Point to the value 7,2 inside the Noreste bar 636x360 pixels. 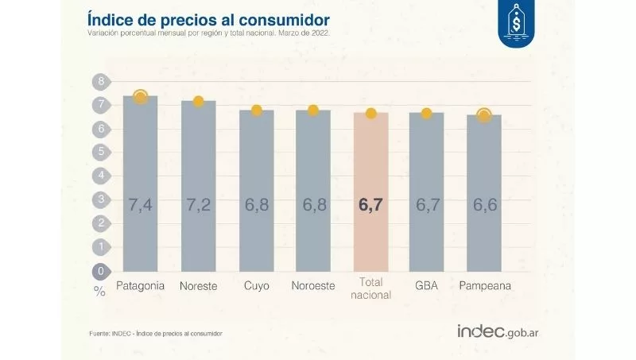coord(198,206)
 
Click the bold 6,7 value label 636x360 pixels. coord(371,206)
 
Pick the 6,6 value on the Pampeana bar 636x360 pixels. coord(484,206)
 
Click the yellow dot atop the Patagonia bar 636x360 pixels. coord(141,97)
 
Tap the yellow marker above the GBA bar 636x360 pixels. coord(427,114)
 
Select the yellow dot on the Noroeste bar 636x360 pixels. coord(313,110)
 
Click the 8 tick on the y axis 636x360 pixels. coord(101,82)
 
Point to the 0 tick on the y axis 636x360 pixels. coord(101,271)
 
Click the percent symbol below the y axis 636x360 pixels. coord(99,292)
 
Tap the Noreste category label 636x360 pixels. coord(198,285)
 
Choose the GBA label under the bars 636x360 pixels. coord(427,285)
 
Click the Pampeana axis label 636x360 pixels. coord(484,285)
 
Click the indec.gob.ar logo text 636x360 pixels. coord(503,331)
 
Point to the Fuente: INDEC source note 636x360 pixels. coord(155,333)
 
